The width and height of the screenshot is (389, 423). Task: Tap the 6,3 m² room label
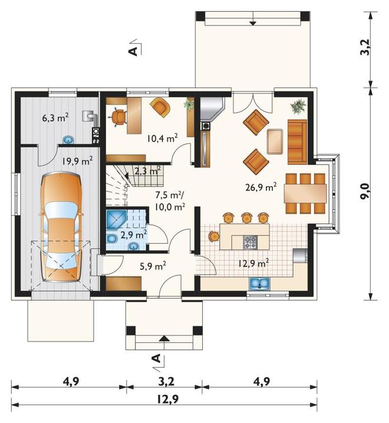point(55,117)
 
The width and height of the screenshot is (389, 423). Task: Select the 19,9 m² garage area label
point(78,161)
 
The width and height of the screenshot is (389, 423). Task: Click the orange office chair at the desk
point(118,117)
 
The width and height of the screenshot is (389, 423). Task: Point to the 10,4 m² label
point(163,138)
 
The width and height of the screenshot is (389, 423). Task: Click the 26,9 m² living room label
point(261,186)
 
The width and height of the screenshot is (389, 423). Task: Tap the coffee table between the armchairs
point(275,142)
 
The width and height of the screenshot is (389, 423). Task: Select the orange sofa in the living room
point(298,142)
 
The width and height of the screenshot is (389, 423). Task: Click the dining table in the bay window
point(305,194)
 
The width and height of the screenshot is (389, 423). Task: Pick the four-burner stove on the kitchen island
point(250,242)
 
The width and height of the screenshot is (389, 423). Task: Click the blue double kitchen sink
point(259,284)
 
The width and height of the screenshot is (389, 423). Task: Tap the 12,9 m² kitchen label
point(253,263)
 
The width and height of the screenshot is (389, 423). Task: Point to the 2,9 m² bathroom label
point(134,235)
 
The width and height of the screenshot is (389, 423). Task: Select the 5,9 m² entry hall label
point(153,266)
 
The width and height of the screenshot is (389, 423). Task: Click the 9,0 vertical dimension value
point(364,191)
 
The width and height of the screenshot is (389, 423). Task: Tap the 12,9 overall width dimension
point(168,398)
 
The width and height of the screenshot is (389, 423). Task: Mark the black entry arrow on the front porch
point(164,338)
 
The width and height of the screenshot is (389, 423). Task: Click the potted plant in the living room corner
point(299,107)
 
